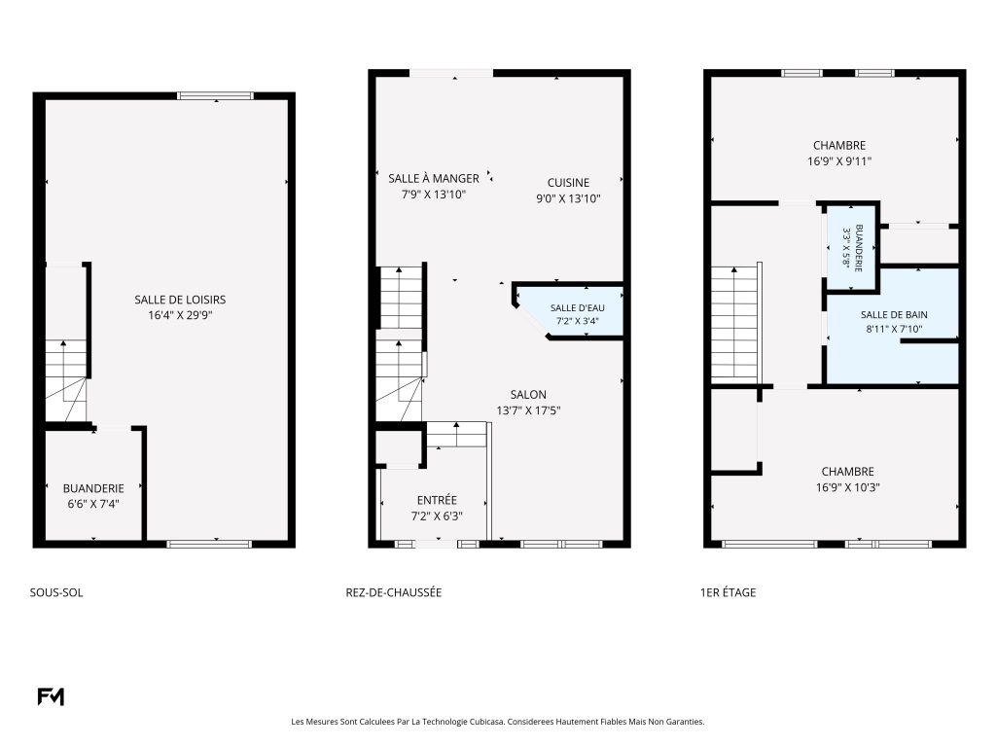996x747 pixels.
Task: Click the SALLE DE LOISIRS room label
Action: point(180,300)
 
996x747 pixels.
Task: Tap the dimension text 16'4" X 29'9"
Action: point(180,316)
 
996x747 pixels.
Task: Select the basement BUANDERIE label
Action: point(93,488)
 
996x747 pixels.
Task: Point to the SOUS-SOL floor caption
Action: point(56,592)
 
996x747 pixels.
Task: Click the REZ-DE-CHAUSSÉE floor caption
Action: point(393,592)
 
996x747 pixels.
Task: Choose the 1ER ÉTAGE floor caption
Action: point(728,592)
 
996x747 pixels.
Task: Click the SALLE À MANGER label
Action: point(434,179)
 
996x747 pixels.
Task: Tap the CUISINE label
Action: point(568,183)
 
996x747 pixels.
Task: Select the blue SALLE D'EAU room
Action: point(575,311)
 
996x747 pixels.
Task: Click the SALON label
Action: point(528,395)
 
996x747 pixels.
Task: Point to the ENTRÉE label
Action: point(437,501)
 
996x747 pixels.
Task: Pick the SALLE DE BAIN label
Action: point(894,314)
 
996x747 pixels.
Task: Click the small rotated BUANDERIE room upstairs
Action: point(852,247)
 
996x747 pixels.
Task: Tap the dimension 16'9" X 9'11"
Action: point(839,161)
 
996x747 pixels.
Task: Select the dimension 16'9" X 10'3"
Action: point(847,488)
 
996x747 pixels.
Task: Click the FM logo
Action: point(51,696)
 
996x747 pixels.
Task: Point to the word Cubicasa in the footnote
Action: point(487,722)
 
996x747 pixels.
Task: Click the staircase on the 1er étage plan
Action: point(735,325)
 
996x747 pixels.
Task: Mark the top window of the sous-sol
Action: point(215,96)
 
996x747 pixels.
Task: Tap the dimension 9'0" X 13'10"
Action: point(568,198)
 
